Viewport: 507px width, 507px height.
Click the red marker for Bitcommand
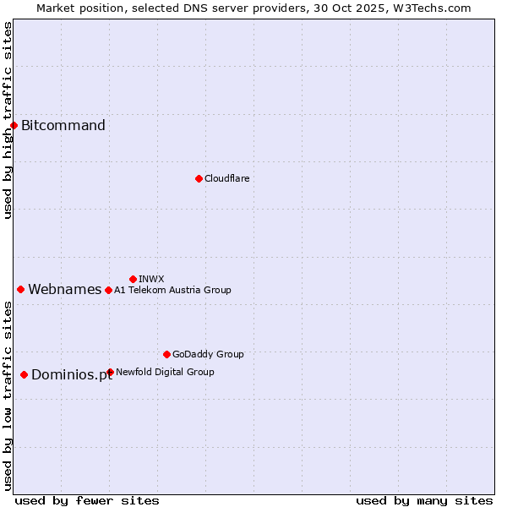coord(14,126)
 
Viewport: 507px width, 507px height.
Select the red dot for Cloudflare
coord(199,178)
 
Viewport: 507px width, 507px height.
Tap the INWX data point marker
coord(133,279)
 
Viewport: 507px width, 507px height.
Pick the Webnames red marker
coord(20,289)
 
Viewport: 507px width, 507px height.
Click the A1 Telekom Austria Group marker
coord(108,290)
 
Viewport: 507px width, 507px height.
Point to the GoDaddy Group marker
coord(166,354)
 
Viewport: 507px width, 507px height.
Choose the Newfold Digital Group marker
coord(110,372)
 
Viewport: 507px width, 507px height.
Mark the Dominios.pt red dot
coord(24,374)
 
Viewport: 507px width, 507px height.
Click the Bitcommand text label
coord(63,126)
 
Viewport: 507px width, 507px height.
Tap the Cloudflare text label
coord(227,178)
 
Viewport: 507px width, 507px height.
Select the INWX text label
coord(151,279)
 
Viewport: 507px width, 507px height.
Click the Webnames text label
coord(65,290)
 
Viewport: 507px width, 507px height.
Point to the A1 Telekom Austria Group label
coord(172,290)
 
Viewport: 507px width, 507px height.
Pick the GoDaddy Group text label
coord(208,354)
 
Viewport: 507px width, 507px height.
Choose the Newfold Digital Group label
coord(165,372)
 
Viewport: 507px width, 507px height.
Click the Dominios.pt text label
coord(72,375)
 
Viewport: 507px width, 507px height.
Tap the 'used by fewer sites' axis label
coord(87,500)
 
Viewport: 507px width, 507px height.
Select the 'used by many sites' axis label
coord(424,500)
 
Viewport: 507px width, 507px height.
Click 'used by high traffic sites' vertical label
coord(8,120)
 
